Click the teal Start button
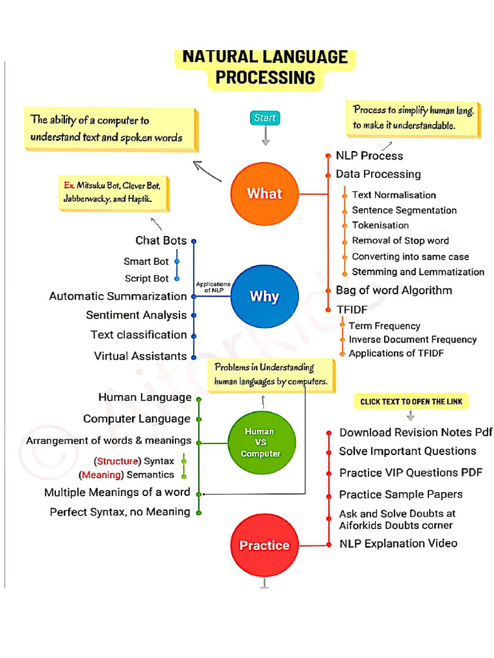tap(264, 118)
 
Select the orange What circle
tap(264, 193)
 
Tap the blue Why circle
tap(264, 296)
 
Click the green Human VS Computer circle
tap(261, 443)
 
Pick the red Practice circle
tap(264, 545)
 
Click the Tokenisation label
tap(380, 226)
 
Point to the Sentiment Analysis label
tap(136, 315)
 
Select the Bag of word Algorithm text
tap(394, 290)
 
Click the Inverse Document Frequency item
tap(412, 339)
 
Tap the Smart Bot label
tap(146, 262)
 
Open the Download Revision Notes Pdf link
tap(416, 432)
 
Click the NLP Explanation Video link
tap(398, 544)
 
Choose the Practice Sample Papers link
tap(401, 494)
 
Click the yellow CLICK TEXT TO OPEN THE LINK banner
tap(410, 402)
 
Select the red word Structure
tap(118, 461)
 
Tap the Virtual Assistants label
tap(140, 356)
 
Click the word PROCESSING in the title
tap(265, 78)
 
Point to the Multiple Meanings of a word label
tap(117, 493)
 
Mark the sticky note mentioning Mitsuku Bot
tap(114, 192)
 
